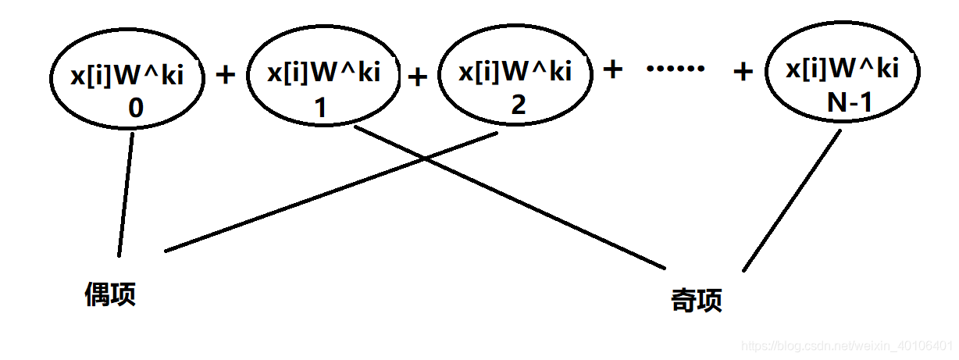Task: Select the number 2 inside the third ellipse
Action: [x=519, y=105]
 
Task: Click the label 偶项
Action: [x=110, y=294]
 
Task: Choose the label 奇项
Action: [x=697, y=301]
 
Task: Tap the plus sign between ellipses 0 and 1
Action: [x=225, y=75]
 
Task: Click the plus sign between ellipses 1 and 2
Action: [x=419, y=77]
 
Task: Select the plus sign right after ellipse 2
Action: [x=614, y=70]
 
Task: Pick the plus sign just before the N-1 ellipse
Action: [x=743, y=73]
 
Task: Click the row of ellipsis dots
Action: [x=676, y=70]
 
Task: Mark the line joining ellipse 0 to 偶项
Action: [x=126, y=194]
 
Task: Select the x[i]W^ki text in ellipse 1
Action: [x=323, y=73]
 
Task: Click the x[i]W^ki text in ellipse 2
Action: [x=515, y=73]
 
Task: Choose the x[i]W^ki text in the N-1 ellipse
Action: [x=842, y=70]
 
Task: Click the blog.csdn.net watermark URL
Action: [x=847, y=344]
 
